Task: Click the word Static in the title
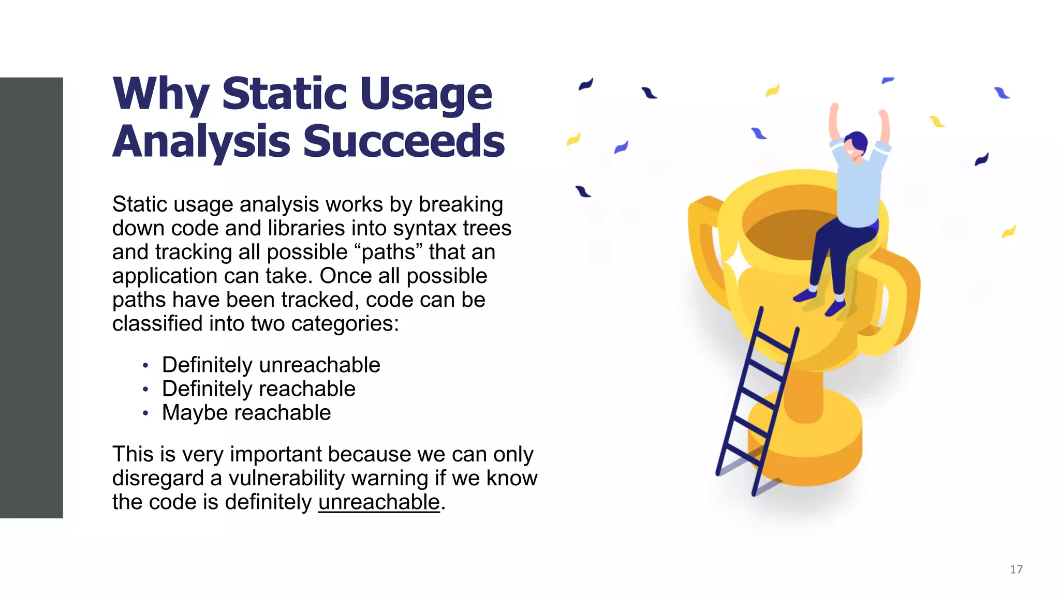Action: click(x=284, y=94)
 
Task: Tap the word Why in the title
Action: click(x=161, y=95)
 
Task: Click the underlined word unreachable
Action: click(x=379, y=502)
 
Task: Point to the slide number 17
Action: click(x=1016, y=570)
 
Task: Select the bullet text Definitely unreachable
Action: click(x=271, y=365)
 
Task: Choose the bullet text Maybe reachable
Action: click(x=246, y=413)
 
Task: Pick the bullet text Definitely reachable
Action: click(x=259, y=389)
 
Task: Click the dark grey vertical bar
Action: click(x=31, y=297)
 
